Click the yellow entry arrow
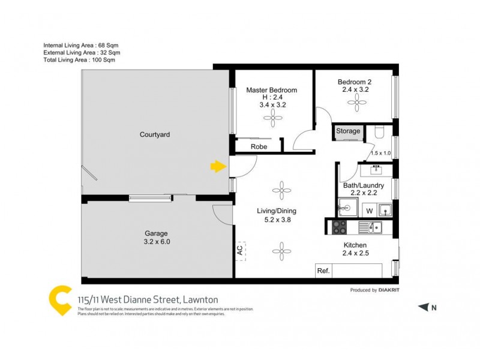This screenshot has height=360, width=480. pos(217,166)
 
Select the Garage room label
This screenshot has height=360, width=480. pos(155,233)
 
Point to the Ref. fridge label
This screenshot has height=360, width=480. pos(323,271)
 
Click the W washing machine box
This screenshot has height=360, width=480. pos(369,211)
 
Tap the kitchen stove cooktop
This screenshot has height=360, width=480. pos(339,227)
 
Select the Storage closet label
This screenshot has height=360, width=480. pos(348,131)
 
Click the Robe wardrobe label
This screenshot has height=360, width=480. pos(259,146)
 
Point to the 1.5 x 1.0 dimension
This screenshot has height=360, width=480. pos(380,153)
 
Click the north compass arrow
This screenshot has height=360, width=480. pos(424,307)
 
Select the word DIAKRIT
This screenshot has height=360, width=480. pos(390,290)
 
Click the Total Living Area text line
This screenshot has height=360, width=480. pos(79,60)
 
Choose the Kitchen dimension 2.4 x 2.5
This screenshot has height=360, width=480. pos(355,254)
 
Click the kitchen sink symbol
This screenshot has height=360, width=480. pos(374,227)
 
